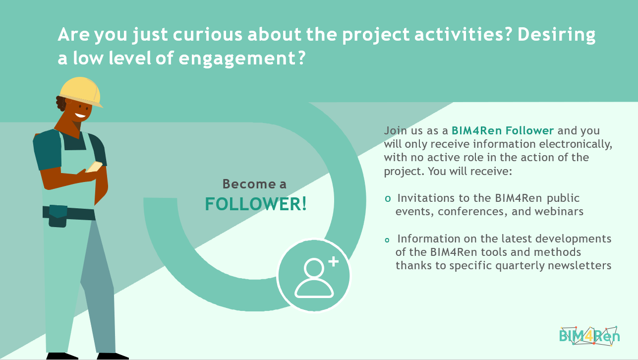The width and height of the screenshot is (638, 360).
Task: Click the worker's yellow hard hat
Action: tap(80, 92)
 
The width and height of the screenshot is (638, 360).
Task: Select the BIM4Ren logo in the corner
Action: tap(589, 336)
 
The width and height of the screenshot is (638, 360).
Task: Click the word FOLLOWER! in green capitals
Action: tap(256, 204)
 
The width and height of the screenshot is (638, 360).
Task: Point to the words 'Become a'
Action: tap(254, 184)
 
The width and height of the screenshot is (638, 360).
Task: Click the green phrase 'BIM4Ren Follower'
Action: tap(503, 131)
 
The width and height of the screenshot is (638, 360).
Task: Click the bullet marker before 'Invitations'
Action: tap(388, 199)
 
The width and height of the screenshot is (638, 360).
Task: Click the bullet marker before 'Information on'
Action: tap(388, 240)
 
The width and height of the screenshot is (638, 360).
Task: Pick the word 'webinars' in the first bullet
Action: tap(559, 212)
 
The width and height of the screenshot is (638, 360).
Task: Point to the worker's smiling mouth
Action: tap(80, 116)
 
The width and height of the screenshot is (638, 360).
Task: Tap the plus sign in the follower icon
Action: tap(333, 261)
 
